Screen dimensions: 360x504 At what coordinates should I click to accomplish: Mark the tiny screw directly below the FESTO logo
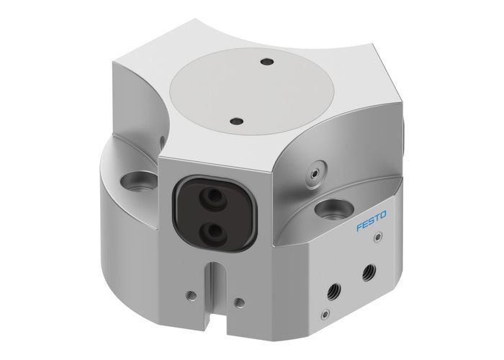377,244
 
